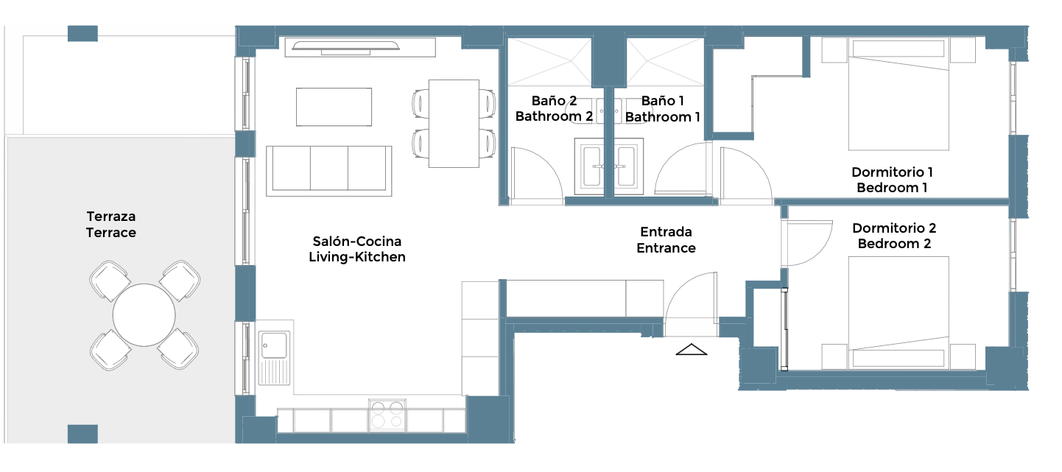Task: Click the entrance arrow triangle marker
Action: [692, 350]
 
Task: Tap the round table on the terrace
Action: [144, 315]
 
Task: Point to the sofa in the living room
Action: [329, 171]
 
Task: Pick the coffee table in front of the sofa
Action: [334, 107]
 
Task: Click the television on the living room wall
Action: [345, 46]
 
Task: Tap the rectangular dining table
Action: [454, 123]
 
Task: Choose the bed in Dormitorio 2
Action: [899, 313]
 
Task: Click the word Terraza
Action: [111, 216]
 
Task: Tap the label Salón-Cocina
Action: [357, 242]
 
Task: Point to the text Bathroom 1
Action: [662, 116]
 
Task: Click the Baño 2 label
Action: [554, 100]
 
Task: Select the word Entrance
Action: [666, 248]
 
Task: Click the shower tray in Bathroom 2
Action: [550, 62]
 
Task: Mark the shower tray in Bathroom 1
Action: [666, 62]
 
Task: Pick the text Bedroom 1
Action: [892, 188]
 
